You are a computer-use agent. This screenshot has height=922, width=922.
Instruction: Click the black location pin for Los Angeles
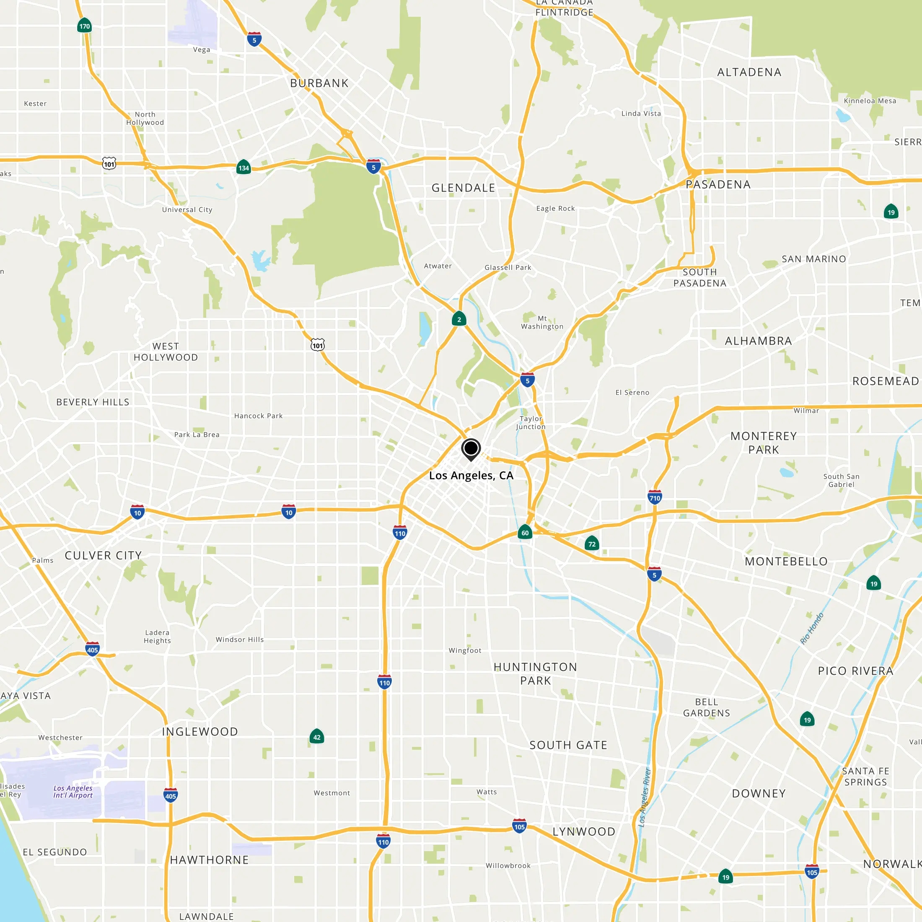(471, 448)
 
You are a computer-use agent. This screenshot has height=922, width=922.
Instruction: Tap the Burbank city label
(319, 83)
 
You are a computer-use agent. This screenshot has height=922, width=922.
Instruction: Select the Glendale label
(463, 188)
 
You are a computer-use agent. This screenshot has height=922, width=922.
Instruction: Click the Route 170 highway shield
(85, 26)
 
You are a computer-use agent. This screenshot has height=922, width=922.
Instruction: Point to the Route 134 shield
(243, 168)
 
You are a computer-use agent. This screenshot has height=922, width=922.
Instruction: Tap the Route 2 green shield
(459, 319)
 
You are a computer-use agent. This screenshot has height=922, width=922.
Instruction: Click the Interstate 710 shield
(655, 498)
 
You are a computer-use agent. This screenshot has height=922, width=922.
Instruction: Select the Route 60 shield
(525, 533)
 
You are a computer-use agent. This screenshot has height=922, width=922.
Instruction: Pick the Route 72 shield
(592, 544)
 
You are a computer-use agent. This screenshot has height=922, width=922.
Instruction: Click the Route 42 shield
(317, 737)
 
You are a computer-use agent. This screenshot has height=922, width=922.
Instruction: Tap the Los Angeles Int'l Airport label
(73, 792)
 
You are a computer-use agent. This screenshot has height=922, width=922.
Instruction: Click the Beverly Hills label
(93, 402)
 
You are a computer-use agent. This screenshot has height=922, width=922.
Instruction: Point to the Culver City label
(103, 555)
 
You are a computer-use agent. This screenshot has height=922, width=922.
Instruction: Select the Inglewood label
(199, 732)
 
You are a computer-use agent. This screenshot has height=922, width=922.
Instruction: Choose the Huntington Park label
(535, 673)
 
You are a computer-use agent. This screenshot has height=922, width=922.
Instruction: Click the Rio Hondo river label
(812, 629)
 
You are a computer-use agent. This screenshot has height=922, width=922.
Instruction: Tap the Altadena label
(749, 72)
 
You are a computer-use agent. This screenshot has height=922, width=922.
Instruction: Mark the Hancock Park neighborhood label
(258, 416)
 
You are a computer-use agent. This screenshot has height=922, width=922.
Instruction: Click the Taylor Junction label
(530, 422)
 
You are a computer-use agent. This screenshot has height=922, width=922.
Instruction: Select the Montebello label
(786, 561)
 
